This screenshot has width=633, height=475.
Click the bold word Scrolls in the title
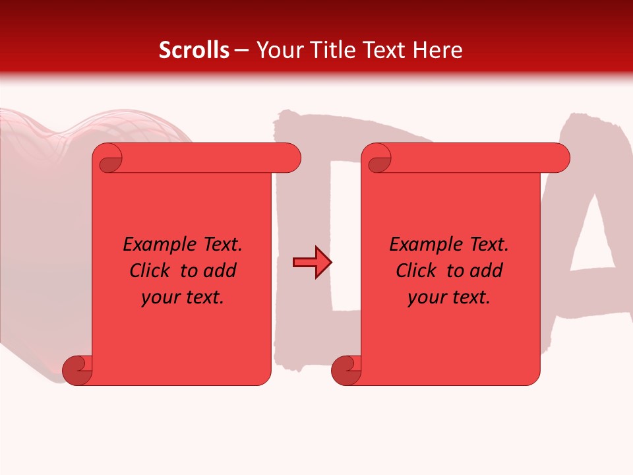pyautogui.click(x=195, y=50)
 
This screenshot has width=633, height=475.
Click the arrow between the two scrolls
pyautogui.click(x=312, y=263)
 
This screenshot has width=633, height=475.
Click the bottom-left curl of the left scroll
pyautogui.click(x=77, y=370)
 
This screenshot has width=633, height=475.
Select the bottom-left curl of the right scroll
pyautogui.click(x=346, y=370)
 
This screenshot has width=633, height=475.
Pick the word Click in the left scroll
pyautogui.click(x=151, y=271)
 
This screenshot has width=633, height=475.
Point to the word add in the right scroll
pyautogui.click(x=487, y=271)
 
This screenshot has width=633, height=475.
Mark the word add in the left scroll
pyautogui.click(x=220, y=271)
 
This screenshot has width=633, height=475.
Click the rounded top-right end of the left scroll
pyautogui.click(x=290, y=158)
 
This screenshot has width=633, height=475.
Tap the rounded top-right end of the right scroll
pyautogui.click(x=559, y=158)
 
